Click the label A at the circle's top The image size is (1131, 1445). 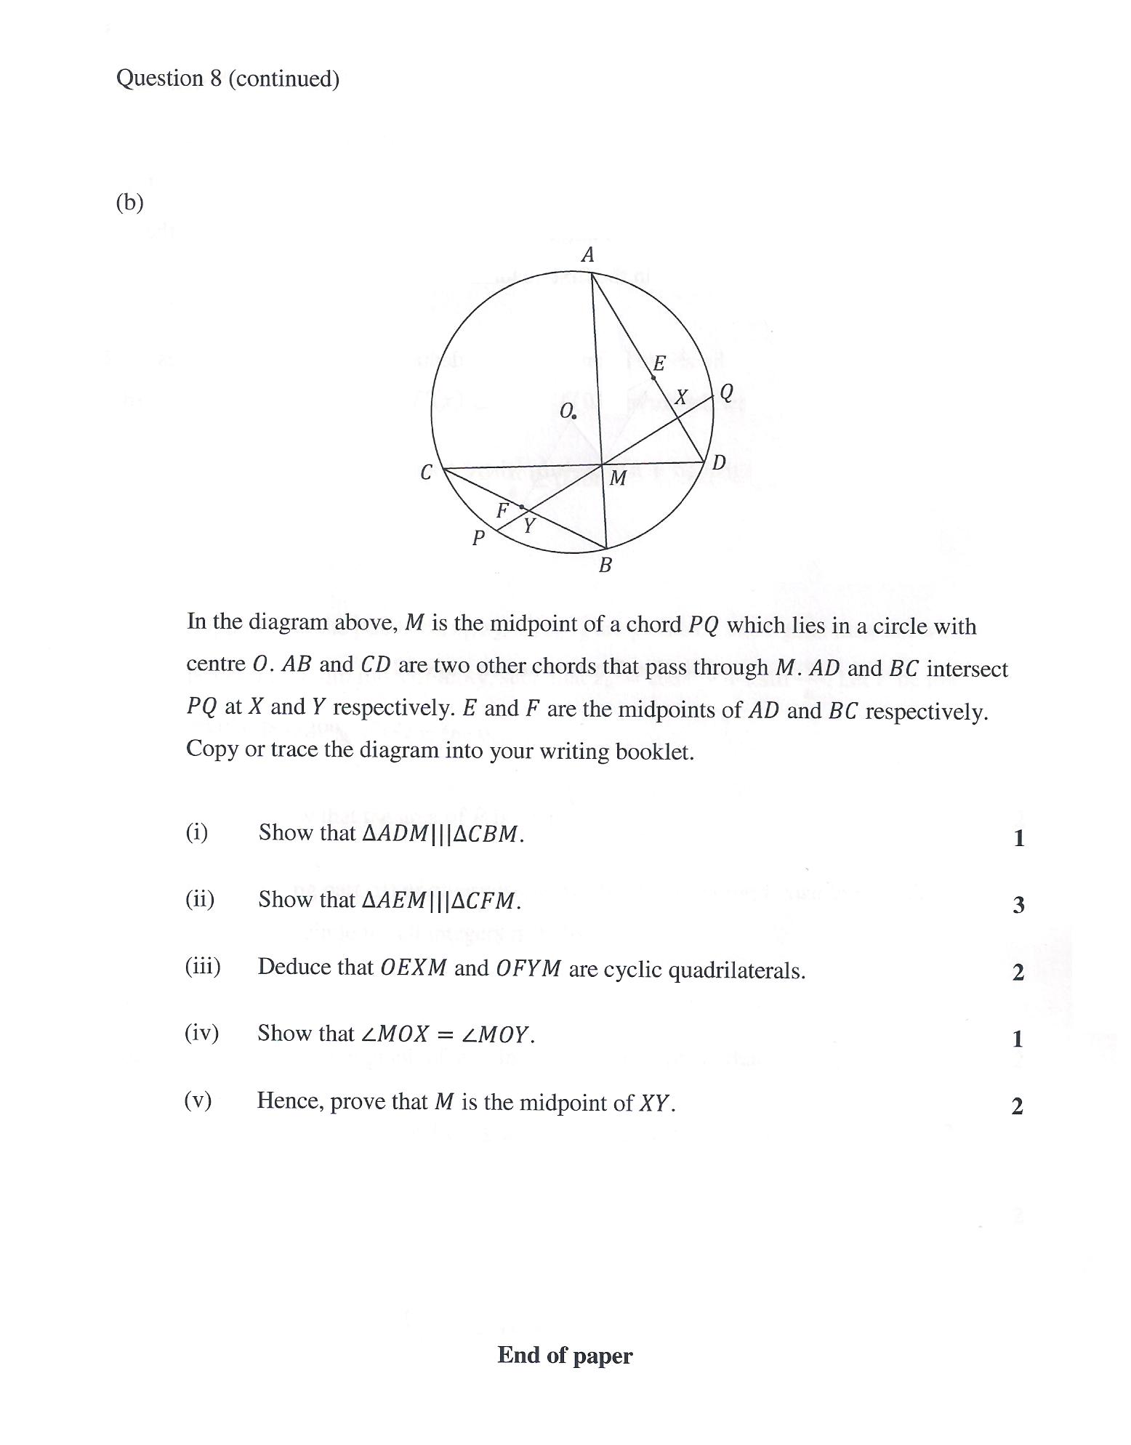[588, 255]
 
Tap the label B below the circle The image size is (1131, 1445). [605, 565]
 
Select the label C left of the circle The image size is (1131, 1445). [427, 472]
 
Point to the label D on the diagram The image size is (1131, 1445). [718, 463]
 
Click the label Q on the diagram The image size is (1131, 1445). [726, 393]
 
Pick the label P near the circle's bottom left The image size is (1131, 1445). [478, 539]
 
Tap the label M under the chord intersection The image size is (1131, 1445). [618, 478]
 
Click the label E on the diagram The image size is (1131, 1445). [659, 363]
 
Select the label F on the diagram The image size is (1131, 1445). [502, 511]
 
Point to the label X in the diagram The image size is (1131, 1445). [681, 398]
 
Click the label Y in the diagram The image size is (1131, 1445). [529, 526]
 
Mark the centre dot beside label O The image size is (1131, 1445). [574, 417]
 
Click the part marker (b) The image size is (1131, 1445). [129, 203]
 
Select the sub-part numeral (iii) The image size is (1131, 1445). [202, 967]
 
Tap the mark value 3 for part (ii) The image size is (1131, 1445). [1018, 905]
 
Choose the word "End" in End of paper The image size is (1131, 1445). [519, 1356]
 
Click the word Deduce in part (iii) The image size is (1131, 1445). [294, 967]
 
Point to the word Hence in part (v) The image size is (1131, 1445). [290, 1101]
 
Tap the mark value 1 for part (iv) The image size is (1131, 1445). [1018, 1039]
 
